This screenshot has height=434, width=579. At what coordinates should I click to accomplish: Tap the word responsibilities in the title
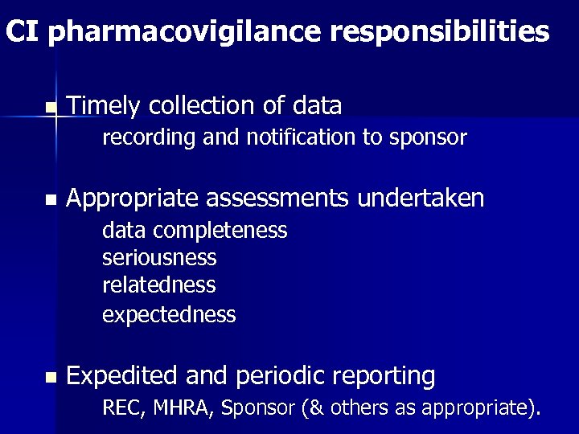(x=439, y=32)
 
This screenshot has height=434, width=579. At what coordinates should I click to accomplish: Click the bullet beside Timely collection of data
(x=51, y=107)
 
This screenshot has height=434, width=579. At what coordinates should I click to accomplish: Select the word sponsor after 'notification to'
(x=427, y=138)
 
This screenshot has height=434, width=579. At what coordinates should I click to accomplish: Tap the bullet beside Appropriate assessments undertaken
(x=51, y=199)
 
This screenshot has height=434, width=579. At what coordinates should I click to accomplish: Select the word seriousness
(x=159, y=258)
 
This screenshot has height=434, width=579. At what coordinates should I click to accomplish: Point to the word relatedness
(x=159, y=285)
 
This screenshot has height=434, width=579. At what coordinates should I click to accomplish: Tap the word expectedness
(x=169, y=314)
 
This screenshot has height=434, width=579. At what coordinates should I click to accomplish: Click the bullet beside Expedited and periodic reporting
(x=51, y=377)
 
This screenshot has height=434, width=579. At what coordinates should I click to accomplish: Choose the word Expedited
(x=121, y=375)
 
